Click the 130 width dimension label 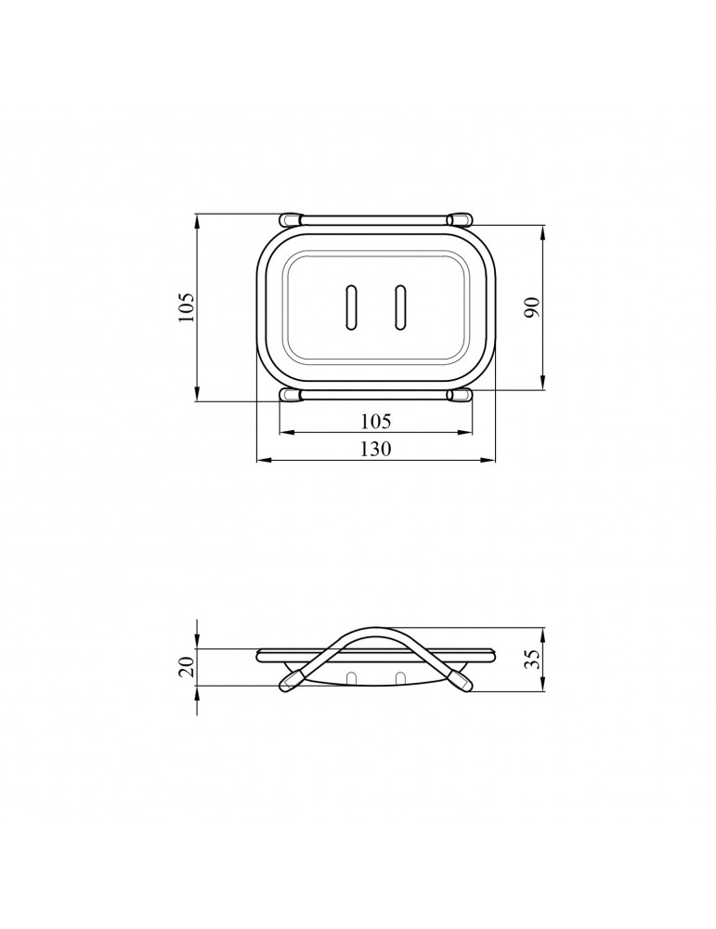375,449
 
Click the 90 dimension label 532,307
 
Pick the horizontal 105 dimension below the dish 375,421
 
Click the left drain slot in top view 351,307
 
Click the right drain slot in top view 401,307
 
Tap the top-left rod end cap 290,220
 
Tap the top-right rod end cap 460,220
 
